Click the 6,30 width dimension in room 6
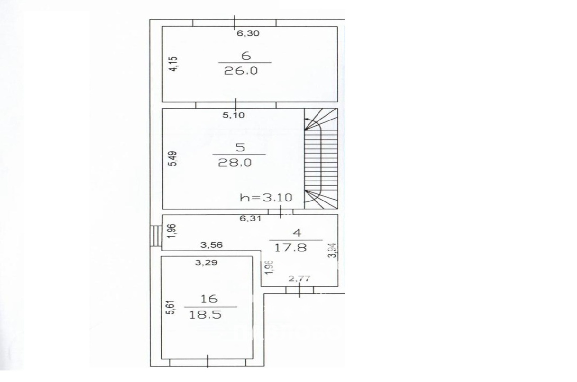(x=248, y=33)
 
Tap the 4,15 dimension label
(x=175, y=64)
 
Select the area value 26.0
(x=241, y=71)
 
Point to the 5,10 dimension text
(x=233, y=115)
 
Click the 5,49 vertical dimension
(x=174, y=159)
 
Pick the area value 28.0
(x=234, y=163)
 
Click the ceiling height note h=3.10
(x=266, y=197)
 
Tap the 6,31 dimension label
(x=250, y=218)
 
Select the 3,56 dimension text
(x=211, y=245)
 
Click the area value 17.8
(x=290, y=248)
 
